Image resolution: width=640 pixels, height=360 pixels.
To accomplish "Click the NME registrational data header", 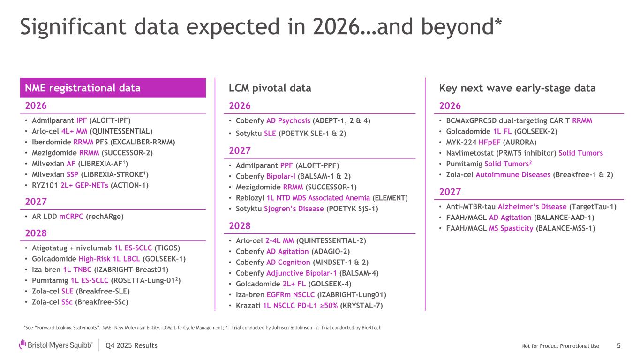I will pos(83,88).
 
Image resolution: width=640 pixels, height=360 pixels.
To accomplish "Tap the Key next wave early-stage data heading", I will pos(517,88).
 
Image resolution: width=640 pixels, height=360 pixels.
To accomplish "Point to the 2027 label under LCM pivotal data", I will pos(240,151).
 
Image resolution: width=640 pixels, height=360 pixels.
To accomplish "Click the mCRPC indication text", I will pos(72,217).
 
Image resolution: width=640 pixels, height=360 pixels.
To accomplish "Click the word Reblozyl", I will pos(249,197).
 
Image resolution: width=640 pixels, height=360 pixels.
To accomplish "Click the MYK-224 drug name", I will pos(459,142).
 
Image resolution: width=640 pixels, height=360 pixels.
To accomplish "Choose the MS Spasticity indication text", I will pos(510,228).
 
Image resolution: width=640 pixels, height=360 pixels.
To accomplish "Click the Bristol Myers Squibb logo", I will pos(56,345).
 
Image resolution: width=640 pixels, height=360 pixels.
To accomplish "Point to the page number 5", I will pos(618,346).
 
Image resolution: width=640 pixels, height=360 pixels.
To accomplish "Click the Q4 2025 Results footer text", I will pos(132,346).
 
